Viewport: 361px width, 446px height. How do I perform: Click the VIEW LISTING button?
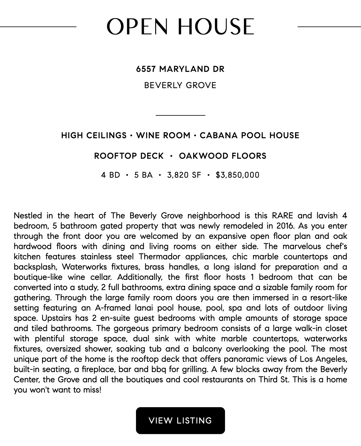coord(180,420)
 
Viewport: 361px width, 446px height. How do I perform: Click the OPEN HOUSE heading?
coord(180,27)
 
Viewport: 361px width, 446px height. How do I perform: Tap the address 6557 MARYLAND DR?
coord(180,69)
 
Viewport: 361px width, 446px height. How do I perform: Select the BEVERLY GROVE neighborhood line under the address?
coord(180,85)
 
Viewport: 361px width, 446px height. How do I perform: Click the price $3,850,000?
coord(237,175)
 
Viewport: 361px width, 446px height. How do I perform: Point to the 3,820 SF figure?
coord(184,175)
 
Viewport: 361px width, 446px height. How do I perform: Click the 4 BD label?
coord(111,175)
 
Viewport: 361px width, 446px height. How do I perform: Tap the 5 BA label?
coord(143,175)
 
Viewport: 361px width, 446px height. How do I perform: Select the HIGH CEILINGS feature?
coord(94,135)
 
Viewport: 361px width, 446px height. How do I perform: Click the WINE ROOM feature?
coord(163,135)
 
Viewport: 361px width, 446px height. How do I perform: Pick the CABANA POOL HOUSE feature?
coord(249,135)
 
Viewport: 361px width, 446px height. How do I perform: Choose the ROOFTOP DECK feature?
coord(129,156)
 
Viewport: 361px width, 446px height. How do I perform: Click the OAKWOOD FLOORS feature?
coord(223,156)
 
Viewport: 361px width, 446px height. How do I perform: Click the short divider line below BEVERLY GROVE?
coord(180,115)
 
